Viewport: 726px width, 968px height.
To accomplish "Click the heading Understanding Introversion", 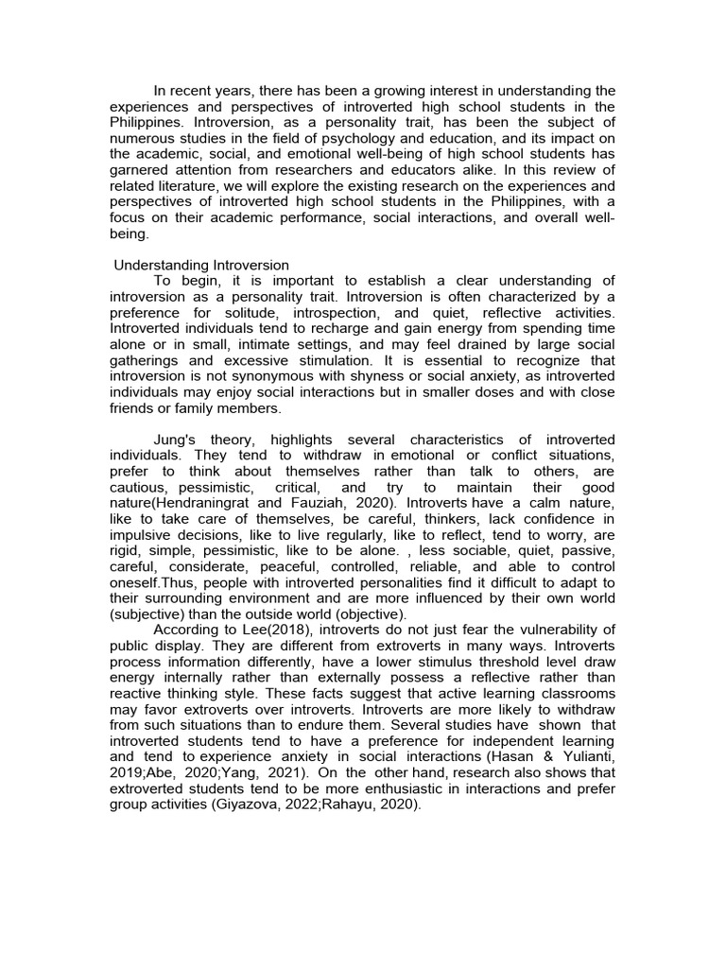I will click(x=200, y=266).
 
